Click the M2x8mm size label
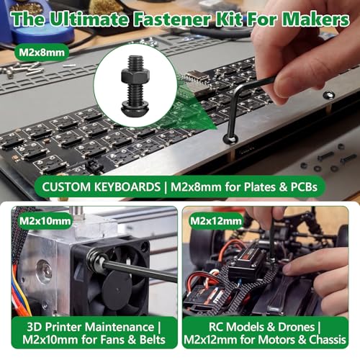pyautogui.click(x=42, y=52)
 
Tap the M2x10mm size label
pyautogui.click(x=45, y=221)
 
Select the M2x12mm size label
pyautogui.click(x=216, y=221)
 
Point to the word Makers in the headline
pyautogui.click(x=315, y=19)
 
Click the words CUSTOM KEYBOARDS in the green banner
pyautogui.click(x=101, y=186)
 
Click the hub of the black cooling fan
pyautogui.click(x=117, y=287)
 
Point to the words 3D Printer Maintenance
pyautogui.click(x=90, y=327)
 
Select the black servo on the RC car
pyautogui.click(x=243, y=265)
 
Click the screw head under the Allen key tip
pyautogui.click(x=230, y=139)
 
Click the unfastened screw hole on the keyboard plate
pyautogui.click(x=329, y=95)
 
